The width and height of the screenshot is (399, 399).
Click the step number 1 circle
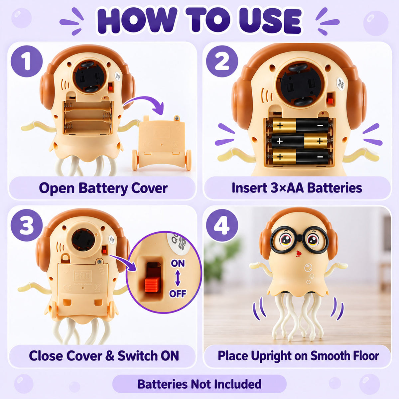[27, 61]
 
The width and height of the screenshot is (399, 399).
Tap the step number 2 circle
[222, 61]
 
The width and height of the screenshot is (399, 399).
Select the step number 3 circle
[27, 225]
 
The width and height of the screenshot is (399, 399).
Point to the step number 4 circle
[222, 225]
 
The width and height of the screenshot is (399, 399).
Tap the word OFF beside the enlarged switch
[178, 293]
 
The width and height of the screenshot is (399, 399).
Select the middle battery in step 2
[300, 141]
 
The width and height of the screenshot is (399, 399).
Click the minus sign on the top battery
[320, 125]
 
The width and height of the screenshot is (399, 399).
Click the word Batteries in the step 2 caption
[334, 188]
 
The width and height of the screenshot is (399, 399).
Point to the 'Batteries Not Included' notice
[199, 384]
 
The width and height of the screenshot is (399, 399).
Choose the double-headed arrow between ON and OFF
[178, 278]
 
